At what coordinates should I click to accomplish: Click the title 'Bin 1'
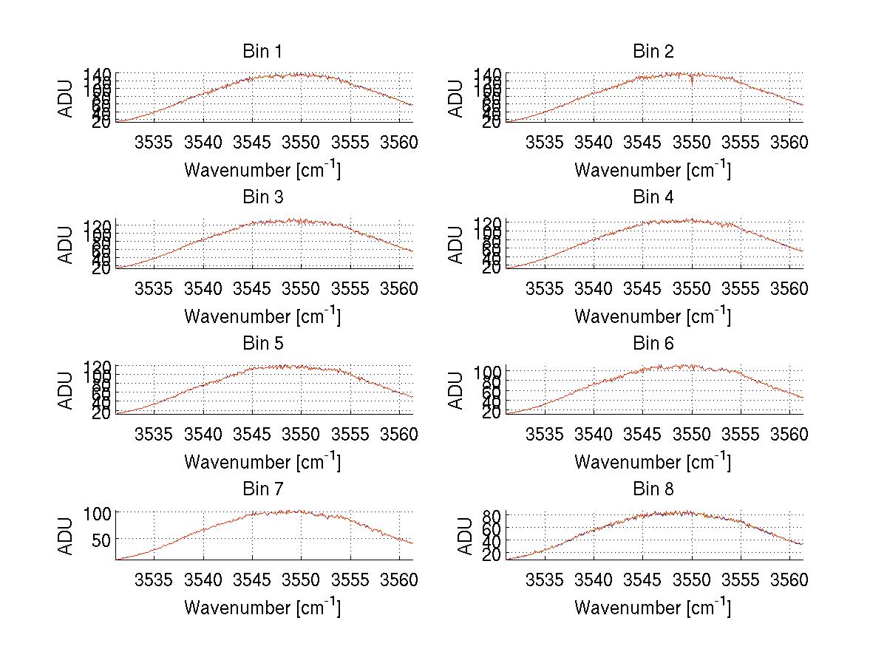(262, 51)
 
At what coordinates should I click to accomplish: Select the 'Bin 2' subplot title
(653, 51)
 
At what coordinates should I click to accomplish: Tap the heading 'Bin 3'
(262, 197)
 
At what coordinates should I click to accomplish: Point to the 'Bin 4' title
(653, 197)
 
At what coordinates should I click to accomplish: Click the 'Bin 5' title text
(262, 343)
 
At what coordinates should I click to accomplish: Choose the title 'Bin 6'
(653, 343)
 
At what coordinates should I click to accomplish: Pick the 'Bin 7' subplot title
(262, 489)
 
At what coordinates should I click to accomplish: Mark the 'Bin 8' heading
(653, 489)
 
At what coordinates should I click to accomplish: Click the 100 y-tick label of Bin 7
(96, 512)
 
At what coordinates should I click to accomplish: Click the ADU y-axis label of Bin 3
(67, 244)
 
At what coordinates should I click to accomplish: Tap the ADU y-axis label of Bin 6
(457, 390)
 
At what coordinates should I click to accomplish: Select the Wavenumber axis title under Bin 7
(262, 607)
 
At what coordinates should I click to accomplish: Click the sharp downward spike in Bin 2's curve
(692, 82)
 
